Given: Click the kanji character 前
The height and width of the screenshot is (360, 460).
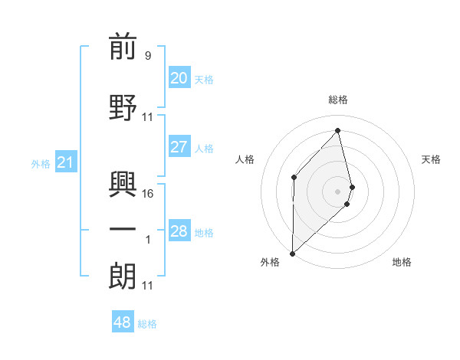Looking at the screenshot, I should pyautogui.click(x=123, y=47).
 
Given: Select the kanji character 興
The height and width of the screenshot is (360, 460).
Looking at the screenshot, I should pyautogui.click(x=123, y=183).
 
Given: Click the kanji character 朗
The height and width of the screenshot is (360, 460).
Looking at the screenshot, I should pyautogui.click(x=123, y=276).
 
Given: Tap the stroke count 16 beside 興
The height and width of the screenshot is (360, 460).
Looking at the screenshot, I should pyautogui.click(x=149, y=194).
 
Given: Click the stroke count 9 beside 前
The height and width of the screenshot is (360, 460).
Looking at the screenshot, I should pyautogui.click(x=147, y=55).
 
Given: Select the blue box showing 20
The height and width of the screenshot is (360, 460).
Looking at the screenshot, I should pyautogui.click(x=179, y=78).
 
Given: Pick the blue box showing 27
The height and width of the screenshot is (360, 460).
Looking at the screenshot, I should pyautogui.click(x=179, y=147).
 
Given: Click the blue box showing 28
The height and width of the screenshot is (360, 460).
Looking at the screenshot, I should pyautogui.click(x=179, y=231).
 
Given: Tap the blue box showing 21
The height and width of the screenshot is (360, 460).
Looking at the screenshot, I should pyautogui.click(x=65, y=162).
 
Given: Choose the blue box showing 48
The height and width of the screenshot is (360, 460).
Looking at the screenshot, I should pyautogui.click(x=122, y=322).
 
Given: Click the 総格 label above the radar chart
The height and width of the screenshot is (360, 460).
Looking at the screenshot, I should pyautogui.click(x=338, y=100).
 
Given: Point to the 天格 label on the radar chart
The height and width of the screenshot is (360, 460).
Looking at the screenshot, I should pyautogui.click(x=431, y=159).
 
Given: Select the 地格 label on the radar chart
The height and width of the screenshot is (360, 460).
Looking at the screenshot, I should pyautogui.click(x=402, y=262).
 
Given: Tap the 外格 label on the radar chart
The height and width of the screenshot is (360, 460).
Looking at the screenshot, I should pyautogui.click(x=270, y=262).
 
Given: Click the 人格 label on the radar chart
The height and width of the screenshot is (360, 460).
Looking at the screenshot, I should pyautogui.click(x=245, y=159).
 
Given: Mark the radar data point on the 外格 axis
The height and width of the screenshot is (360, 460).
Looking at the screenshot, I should pyautogui.click(x=292, y=253).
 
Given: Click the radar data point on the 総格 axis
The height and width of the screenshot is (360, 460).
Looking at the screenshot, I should pyautogui.click(x=338, y=131).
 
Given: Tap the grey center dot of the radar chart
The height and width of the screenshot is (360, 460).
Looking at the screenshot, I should pyautogui.click(x=338, y=191).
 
